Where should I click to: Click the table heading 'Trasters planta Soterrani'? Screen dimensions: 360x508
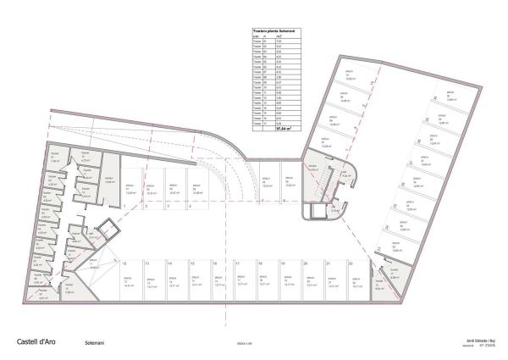271,30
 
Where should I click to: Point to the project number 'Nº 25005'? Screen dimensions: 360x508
489,346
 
